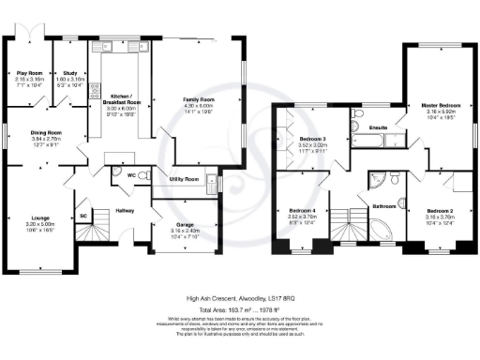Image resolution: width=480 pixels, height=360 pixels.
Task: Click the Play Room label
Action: click(30, 72)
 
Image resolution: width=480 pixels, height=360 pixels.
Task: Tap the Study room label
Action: click(68, 72)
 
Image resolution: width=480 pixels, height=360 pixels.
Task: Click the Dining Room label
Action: click(42, 133)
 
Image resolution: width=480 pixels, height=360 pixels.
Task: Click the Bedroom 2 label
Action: click(439, 211)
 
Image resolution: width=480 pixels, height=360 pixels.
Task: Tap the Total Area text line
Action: click(239, 307)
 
